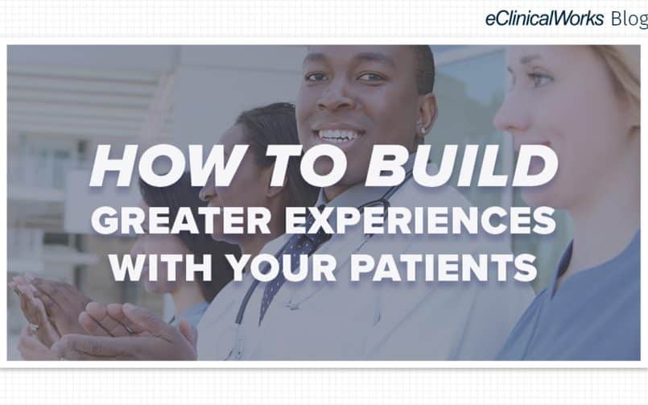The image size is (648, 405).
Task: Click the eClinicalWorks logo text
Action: point(544,19)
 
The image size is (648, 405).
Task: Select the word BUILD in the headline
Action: point(461,165)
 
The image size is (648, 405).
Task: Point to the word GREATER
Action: point(181,221)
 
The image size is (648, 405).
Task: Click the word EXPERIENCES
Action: point(420,221)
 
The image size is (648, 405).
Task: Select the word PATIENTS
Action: point(444,267)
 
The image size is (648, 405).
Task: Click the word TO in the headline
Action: point(306,165)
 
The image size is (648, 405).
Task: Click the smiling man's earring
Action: point(423,130)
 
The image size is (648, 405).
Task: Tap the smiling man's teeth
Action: point(340,135)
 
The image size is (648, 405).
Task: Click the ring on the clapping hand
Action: point(34,327)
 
